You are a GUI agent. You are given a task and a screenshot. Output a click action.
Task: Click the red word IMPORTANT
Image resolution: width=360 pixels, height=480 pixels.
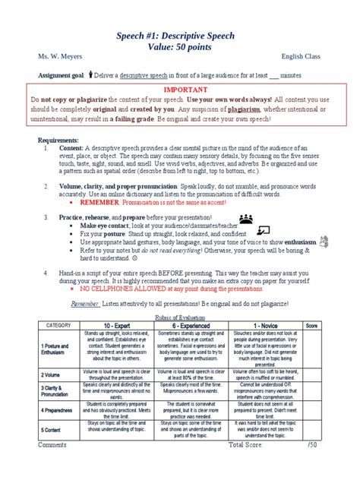click(x=179, y=90)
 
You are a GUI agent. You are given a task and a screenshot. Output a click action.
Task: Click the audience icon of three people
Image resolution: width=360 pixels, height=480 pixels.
click(x=250, y=217)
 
